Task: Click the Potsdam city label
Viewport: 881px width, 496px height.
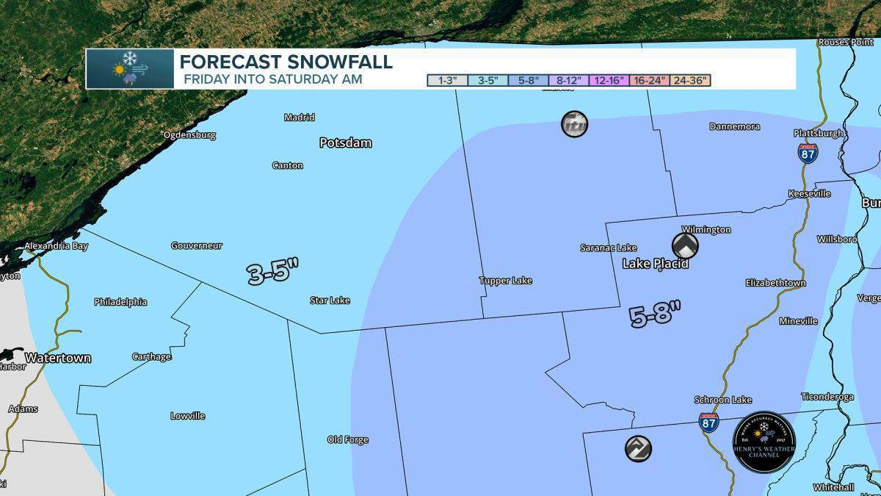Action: click(x=345, y=143)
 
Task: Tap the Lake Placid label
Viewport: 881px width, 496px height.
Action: click(x=656, y=264)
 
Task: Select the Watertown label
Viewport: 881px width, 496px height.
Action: click(x=57, y=359)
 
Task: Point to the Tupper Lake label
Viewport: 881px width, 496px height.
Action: click(x=505, y=281)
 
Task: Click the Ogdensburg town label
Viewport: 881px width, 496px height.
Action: click(x=189, y=135)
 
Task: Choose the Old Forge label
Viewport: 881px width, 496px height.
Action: click(x=347, y=440)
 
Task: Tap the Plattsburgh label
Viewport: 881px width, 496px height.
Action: click(x=819, y=134)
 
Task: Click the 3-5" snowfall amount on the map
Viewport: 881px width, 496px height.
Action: click(x=274, y=273)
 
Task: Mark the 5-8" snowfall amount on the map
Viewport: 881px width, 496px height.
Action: click(x=655, y=316)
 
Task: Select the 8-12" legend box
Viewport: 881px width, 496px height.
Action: click(x=569, y=81)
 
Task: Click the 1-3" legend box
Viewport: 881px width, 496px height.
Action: click(x=447, y=81)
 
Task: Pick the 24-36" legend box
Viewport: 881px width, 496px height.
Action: click(x=690, y=81)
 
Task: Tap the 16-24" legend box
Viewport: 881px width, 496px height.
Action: click(x=649, y=81)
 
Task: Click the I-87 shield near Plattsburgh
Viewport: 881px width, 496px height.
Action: click(x=808, y=153)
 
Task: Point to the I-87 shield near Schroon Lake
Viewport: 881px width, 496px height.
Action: click(x=708, y=422)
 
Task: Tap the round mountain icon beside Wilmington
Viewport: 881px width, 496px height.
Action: click(x=685, y=245)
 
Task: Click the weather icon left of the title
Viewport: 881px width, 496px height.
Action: click(x=130, y=69)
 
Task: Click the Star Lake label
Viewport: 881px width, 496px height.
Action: click(x=330, y=301)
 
